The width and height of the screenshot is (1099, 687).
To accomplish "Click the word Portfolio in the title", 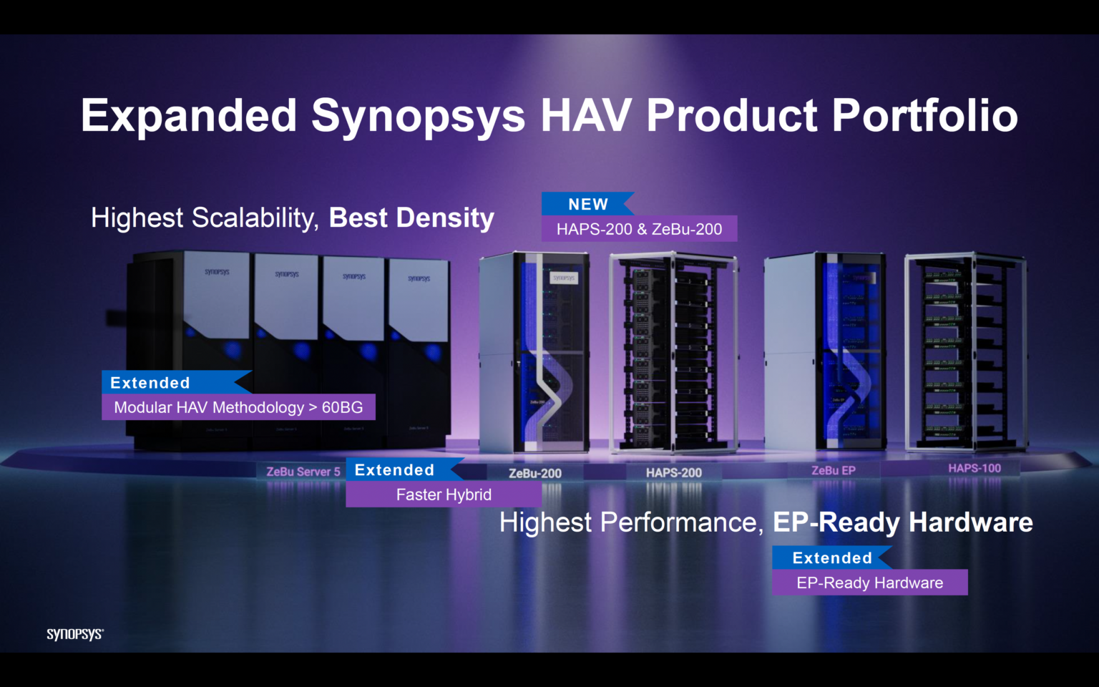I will pos(924,116).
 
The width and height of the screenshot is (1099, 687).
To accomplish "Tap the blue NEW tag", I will pos(587,204).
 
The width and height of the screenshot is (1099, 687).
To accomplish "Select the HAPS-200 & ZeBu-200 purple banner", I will pos(639,229).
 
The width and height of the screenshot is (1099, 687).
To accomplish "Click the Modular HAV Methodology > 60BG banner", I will pos(238,407).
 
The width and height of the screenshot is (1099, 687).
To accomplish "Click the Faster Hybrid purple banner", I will pos(444,494).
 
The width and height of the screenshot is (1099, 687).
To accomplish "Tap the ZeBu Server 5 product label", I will pos(303,472).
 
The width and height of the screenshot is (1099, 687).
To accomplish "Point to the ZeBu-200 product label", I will pos(534,473).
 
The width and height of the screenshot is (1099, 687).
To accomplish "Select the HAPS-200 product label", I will pos(673,472).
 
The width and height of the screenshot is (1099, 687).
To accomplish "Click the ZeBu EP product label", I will pos(833,470).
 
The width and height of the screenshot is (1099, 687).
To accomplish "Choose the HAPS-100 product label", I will pos(975,468).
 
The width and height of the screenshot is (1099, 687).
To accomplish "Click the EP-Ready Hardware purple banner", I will pos(869,583).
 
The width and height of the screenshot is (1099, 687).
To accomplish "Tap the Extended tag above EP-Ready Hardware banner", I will pos(831,557).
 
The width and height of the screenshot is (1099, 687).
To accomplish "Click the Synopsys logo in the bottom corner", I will pos(75,634).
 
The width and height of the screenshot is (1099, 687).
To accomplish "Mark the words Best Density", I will pos(411,218).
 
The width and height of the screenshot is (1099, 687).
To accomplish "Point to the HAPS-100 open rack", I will pos(965,351).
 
